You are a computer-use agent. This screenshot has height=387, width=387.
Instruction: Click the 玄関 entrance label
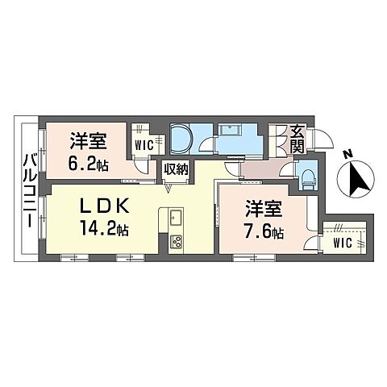[x=298, y=138]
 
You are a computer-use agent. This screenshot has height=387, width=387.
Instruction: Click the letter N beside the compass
[x=346, y=154]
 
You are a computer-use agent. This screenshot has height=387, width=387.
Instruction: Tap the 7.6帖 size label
[x=264, y=233]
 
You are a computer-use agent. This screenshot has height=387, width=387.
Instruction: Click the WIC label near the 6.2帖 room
[x=144, y=146]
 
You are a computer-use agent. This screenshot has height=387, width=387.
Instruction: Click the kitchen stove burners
[x=177, y=240]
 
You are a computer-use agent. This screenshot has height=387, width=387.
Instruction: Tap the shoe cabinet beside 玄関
[x=280, y=138]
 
